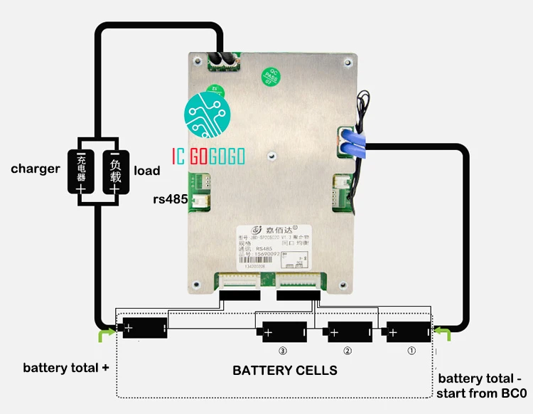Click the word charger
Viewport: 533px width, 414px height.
pyautogui.click(x=35, y=169)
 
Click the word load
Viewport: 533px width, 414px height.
pyautogui.click(x=147, y=171)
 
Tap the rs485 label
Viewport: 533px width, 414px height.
pyautogui.click(x=170, y=200)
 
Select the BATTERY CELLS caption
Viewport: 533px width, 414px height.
pyautogui.click(x=285, y=371)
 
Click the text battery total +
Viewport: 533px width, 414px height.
pyautogui.click(x=67, y=368)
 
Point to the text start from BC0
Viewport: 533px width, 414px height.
pyautogui.click(x=483, y=393)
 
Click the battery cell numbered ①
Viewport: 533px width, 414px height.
pyautogui.click(x=409, y=332)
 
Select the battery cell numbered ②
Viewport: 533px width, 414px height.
pyautogui.click(x=348, y=332)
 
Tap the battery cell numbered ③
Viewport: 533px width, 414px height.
pyautogui.click(x=284, y=332)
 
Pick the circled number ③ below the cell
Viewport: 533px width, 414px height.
pyautogui.click(x=283, y=351)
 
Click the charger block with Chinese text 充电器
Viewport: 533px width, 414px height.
pyautogui.click(x=82, y=171)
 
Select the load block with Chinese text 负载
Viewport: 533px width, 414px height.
pyautogui.click(x=114, y=171)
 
